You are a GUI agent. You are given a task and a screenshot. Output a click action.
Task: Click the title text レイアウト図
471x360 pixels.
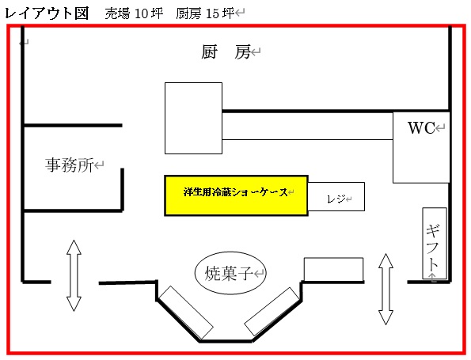coord(47,13)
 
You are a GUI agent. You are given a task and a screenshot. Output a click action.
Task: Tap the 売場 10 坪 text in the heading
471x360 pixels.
coord(134,13)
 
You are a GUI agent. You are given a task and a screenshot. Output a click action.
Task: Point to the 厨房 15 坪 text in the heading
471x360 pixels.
coord(205,13)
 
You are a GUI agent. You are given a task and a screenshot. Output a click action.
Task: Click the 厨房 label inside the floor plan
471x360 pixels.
coord(226,52)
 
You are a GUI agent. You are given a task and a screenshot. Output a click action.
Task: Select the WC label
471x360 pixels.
coord(421,127)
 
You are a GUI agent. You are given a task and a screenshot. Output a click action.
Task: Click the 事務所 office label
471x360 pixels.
coord(70,165)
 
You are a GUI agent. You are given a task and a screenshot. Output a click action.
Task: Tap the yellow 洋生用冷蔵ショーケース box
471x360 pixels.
coord(236,195)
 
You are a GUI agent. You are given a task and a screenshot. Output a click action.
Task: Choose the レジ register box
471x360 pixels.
coord(336,197)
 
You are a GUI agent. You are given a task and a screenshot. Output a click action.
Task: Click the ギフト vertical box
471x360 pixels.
coord(435,243)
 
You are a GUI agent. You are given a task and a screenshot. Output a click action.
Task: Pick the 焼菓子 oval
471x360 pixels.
coord(230,273)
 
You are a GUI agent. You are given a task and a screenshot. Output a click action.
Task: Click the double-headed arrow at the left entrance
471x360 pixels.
coord(74,275)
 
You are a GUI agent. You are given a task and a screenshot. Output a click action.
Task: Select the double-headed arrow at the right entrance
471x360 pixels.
coord(386,289)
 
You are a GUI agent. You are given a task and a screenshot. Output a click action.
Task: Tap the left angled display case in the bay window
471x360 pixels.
coord(186,313)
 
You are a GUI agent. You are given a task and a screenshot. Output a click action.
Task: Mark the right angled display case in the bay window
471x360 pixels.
coord(272,312)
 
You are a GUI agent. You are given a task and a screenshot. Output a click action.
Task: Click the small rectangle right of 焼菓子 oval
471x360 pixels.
coord(334,270)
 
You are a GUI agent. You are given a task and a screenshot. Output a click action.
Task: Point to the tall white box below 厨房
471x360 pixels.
coord(193,119)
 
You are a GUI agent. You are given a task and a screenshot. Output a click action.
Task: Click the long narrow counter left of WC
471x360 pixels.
coord(307,126)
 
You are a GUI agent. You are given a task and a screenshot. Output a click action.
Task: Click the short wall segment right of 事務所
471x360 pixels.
coord(122,189)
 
